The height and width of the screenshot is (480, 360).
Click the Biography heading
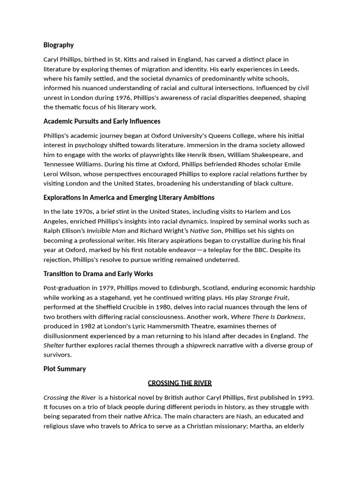pyautogui.click(x=59, y=45)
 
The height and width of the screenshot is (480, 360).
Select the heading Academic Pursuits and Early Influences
pyautogui.click(x=102, y=121)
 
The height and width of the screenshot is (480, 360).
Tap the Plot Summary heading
pyautogui.click(x=65, y=368)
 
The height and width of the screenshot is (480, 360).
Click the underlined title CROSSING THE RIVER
pyautogui.click(x=180, y=383)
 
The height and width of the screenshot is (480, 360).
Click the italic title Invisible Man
pyautogui.click(x=106, y=231)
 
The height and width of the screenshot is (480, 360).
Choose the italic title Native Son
pyautogui.click(x=205, y=231)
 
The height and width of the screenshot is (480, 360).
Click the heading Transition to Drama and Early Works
pyautogui.click(x=98, y=274)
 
